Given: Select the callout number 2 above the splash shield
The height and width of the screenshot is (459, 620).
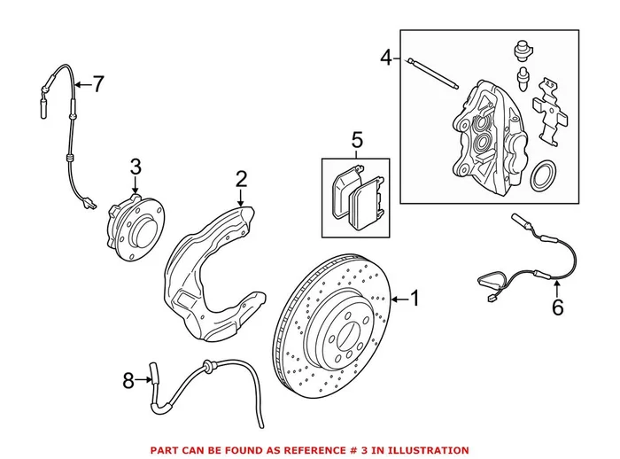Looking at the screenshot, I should tap(241, 180).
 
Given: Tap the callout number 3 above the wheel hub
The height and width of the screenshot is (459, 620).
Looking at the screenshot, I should tap(135, 167).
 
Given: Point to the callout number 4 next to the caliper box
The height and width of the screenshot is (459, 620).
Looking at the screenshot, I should tap(386, 58).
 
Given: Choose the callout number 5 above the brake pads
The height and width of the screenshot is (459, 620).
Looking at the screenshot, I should tap(357, 139).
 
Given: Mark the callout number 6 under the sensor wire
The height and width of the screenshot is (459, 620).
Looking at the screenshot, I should tap(557, 307).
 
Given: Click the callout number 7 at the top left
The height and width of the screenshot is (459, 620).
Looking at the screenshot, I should tap(97, 85).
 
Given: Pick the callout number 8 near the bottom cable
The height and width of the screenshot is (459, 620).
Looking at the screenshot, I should tap(128, 381).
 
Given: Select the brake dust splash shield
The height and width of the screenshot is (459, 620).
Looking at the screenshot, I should tap(213, 266).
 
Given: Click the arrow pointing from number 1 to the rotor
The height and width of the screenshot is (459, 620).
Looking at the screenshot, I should tap(398, 300).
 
